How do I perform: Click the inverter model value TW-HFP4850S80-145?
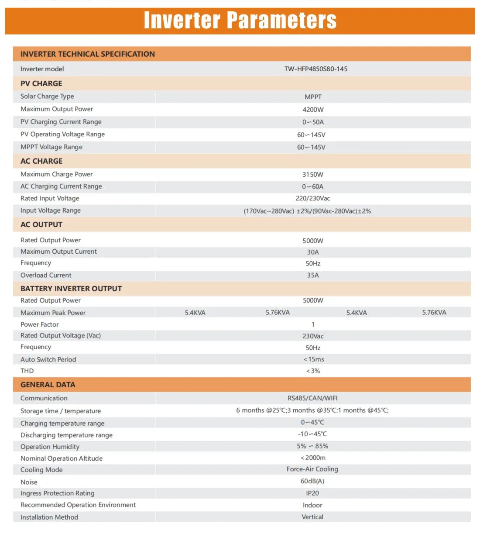point(316,69)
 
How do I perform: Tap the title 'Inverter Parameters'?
point(240,21)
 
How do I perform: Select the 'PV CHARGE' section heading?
point(41,83)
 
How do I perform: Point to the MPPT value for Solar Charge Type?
point(313,97)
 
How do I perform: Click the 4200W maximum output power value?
point(313,110)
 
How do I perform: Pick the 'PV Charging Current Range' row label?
point(61,122)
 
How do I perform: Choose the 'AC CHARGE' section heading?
point(41,161)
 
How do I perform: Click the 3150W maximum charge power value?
point(313,175)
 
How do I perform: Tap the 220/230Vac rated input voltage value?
point(313,198)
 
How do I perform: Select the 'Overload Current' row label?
point(46,275)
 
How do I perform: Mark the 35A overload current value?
point(313,275)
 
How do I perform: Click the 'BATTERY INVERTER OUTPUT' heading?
point(71,289)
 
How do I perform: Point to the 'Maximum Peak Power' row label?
point(53,313)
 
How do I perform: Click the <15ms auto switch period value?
point(313,359)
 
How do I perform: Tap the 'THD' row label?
point(27,371)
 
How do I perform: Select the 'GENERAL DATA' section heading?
point(48,385)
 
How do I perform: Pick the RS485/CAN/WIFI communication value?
point(312,398)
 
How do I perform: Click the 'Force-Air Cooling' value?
point(312,469)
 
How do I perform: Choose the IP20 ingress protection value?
point(312,493)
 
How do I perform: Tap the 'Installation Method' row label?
point(49,517)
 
